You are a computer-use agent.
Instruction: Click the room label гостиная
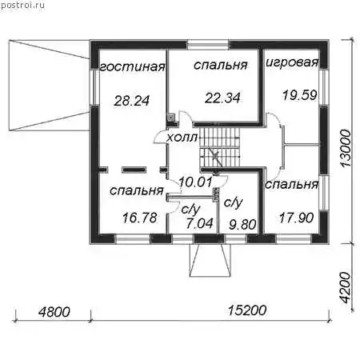coord(133,66)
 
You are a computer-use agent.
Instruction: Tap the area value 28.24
coord(132,101)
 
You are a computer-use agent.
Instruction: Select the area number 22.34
coord(222,98)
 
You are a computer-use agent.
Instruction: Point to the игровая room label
coord(292,62)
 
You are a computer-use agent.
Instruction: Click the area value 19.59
coord(299,95)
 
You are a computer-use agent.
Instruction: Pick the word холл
coord(182,138)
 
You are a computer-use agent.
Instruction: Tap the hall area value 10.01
coord(195,182)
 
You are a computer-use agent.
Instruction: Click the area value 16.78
coord(140,218)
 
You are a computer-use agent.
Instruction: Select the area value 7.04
coord(200,223)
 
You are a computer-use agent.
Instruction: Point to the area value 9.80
coord(242,225)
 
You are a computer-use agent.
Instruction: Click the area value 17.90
coord(296,218)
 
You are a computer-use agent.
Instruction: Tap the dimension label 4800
coord(54,312)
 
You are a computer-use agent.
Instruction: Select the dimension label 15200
coord(247,310)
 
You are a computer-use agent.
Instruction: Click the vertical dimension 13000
coord(346,148)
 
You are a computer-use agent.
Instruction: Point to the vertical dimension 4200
coord(346,288)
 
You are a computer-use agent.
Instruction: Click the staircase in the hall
coord(220,147)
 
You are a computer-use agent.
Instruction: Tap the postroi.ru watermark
coord(22,5)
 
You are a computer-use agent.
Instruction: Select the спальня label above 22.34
coord(221,65)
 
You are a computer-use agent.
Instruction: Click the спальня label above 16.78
coord(136,190)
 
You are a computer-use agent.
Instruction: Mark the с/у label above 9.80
coord(233,202)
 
